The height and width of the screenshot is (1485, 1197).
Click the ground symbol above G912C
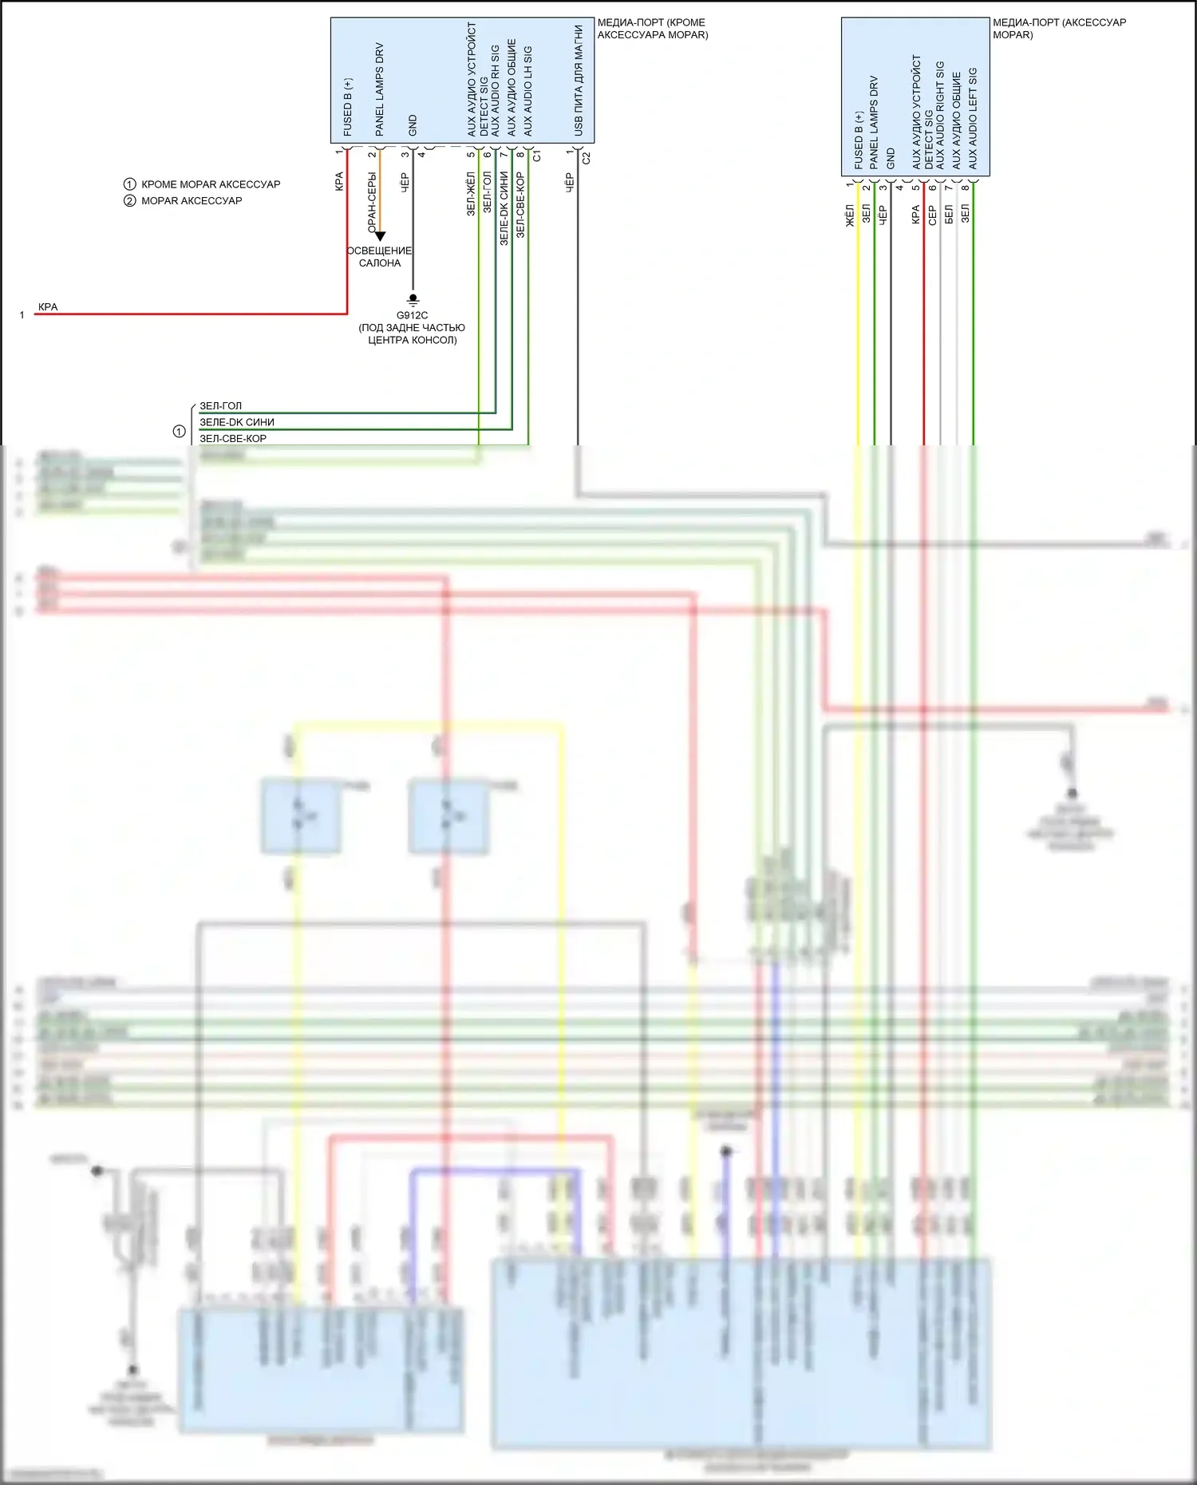tap(413, 300)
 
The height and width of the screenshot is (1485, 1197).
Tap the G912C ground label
tap(412, 315)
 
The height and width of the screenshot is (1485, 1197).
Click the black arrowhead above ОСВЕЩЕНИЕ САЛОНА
tap(380, 236)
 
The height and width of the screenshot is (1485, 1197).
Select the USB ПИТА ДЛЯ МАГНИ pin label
tap(579, 80)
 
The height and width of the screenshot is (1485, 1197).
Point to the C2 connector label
tap(587, 158)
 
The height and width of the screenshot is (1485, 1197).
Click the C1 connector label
tap(537, 156)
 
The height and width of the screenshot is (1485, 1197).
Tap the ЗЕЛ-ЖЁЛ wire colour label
tap(471, 194)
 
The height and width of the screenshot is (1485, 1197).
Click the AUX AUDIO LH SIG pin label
tap(527, 91)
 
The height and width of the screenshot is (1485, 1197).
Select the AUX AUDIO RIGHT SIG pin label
tap(940, 115)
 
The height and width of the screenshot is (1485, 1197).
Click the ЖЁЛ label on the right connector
tap(850, 215)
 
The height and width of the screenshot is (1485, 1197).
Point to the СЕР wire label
tap(932, 215)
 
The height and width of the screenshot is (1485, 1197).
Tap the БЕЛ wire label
tap(949, 214)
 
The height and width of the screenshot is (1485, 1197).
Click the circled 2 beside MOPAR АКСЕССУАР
tap(130, 200)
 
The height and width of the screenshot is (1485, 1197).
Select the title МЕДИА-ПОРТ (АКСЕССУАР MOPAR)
tap(1059, 29)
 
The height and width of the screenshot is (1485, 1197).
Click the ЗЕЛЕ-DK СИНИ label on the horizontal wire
tap(237, 422)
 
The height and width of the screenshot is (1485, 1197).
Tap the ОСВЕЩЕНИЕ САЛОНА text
tap(380, 256)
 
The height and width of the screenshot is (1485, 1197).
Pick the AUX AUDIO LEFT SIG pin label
tap(973, 118)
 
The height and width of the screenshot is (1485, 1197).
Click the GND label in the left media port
tap(413, 124)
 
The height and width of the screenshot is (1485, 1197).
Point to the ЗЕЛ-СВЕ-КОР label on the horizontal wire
tap(233, 438)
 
